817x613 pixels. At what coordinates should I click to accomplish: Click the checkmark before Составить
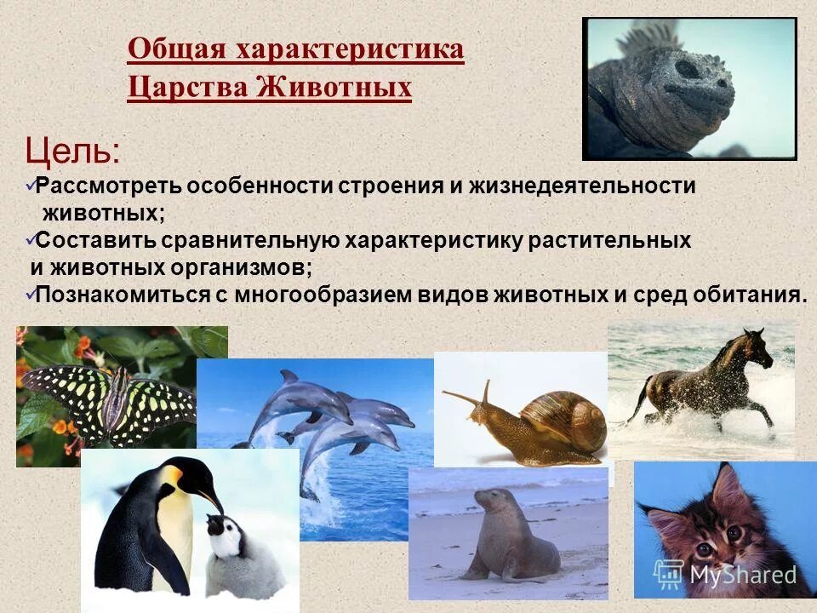(x=30, y=239)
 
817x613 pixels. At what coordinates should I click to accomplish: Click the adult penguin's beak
(x=213, y=502)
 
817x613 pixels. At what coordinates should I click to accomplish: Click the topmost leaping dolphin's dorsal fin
(x=290, y=376)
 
